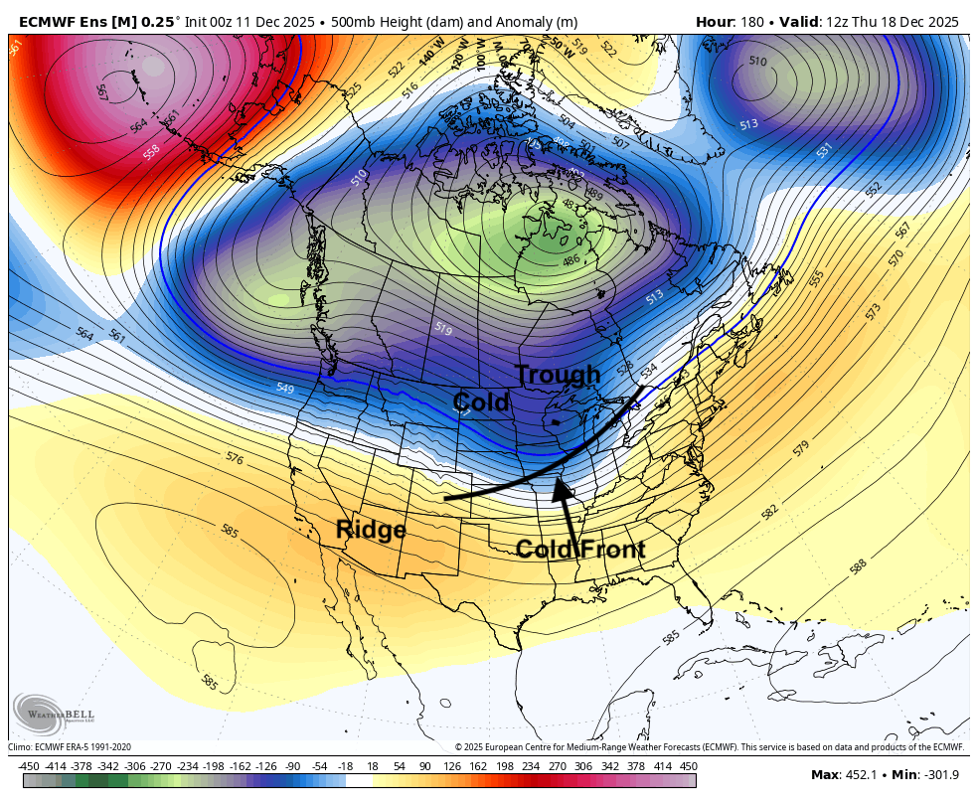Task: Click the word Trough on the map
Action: (558, 375)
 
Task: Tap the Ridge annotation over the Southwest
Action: (371, 530)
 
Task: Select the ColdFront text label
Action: (580, 550)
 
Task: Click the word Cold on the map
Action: (481, 402)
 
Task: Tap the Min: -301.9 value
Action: (925, 775)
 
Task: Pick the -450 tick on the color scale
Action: (29, 765)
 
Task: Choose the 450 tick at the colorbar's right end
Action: (688, 765)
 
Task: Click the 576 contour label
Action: (235, 458)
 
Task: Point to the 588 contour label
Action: (858, 565)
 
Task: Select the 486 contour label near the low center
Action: (571, 260)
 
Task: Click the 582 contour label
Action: (769, 512)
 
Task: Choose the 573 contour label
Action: (874, 311)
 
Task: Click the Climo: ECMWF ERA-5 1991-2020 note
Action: (70, 747)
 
